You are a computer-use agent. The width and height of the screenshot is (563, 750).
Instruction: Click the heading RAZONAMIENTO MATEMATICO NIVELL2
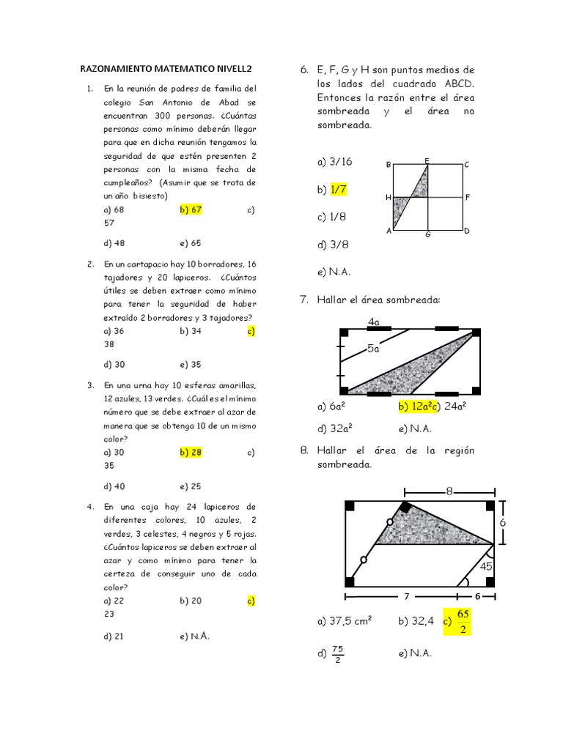(166, 69)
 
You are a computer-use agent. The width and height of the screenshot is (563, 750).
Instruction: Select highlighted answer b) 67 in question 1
(191, 209)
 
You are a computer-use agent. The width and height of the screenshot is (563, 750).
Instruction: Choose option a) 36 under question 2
(114, 331)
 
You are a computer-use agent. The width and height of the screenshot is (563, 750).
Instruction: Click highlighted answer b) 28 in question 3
(191, 453)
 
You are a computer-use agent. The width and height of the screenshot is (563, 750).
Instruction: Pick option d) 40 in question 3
(114, 486)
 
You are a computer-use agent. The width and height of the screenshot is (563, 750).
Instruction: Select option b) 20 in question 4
(191, 601)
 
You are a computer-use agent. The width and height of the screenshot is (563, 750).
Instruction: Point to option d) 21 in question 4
(114, 636)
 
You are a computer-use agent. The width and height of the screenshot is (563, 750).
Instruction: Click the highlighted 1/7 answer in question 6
(338, 190)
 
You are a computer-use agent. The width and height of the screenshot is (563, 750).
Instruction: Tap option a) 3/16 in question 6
(335, 161)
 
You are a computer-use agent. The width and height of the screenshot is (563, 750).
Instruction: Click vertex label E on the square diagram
(427, 160)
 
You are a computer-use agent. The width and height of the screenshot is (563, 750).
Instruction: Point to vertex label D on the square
(466, 231)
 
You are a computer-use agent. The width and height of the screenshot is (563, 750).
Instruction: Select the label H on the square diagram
(388, 198)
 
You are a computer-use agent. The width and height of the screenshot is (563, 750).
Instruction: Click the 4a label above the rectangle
(374, 322)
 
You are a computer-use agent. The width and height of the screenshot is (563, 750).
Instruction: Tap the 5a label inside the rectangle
(374, 349)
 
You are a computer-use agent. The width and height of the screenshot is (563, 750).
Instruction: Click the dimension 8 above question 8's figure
(449, 491)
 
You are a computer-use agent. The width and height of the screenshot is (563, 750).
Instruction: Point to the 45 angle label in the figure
(485, 566)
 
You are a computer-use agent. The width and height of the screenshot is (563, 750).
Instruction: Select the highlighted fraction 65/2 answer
(463, 621)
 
